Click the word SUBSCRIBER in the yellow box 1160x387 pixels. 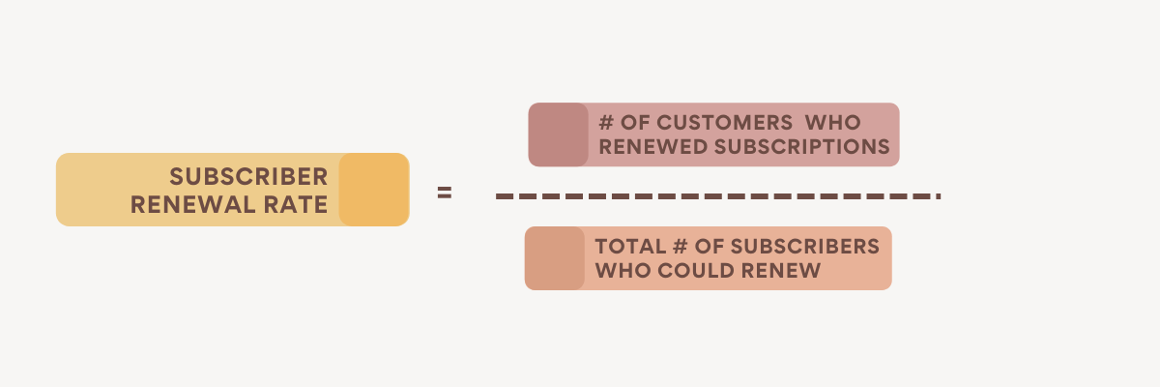248,177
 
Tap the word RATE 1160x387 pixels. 300,204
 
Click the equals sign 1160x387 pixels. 444,193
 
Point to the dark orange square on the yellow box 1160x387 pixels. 373,190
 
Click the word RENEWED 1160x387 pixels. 647,147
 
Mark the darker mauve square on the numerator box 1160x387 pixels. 558,134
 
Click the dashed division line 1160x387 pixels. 715,196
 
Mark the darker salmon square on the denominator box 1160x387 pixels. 555,258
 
